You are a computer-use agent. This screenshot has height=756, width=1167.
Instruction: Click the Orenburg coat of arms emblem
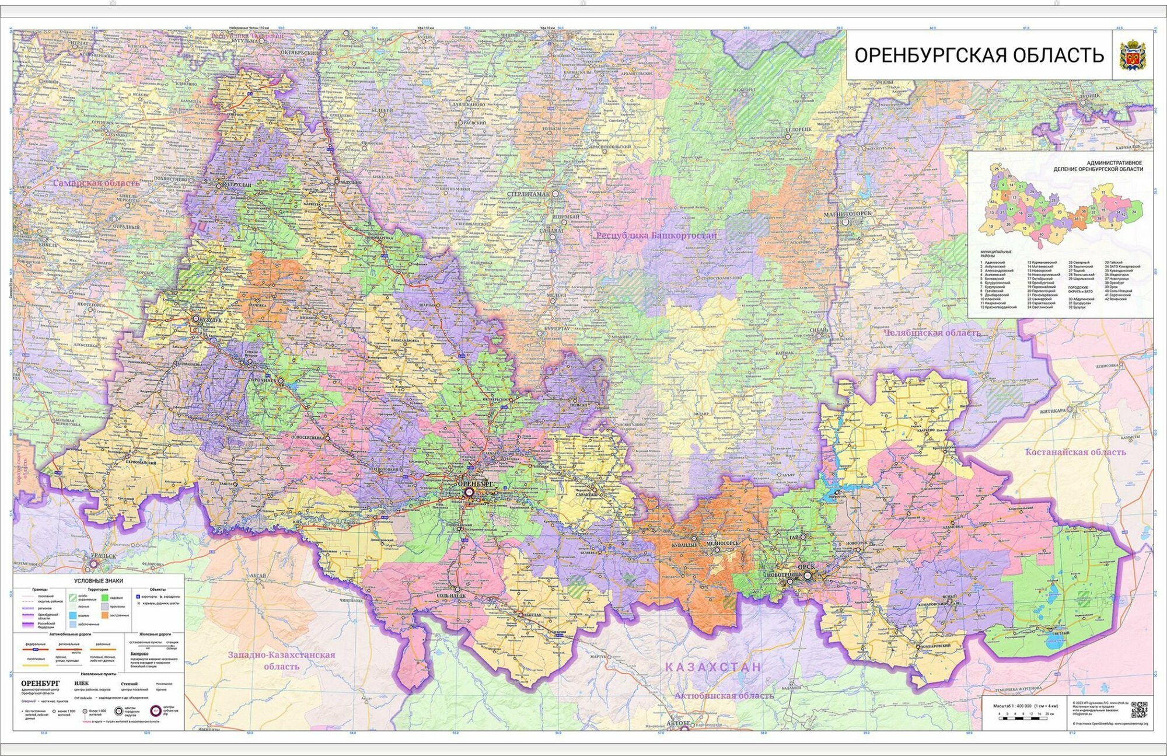1133,55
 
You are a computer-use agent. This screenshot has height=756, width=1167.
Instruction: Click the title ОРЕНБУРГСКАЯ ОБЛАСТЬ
979,55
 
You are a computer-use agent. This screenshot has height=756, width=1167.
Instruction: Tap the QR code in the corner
1138,709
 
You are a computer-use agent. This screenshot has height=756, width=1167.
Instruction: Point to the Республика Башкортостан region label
656,235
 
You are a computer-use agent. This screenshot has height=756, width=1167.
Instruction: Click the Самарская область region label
96,183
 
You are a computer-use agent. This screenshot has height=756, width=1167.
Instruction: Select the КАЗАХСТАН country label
713,667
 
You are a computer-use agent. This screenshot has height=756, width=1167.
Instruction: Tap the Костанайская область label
1075,452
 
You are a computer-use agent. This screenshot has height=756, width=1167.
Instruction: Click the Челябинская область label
932,333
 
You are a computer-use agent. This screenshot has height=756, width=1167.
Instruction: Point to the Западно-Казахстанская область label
282,660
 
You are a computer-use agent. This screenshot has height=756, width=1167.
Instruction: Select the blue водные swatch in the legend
73,615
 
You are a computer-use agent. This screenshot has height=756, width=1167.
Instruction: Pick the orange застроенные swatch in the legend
104,615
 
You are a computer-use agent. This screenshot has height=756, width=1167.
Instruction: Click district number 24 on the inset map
1134,212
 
